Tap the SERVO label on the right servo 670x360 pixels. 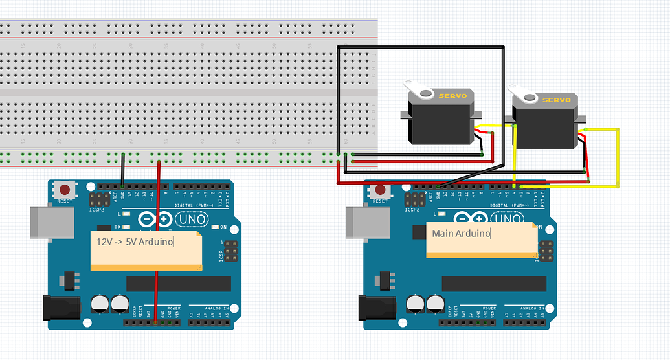556,100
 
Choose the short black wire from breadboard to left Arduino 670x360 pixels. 123,170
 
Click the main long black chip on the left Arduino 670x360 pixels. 178,284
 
